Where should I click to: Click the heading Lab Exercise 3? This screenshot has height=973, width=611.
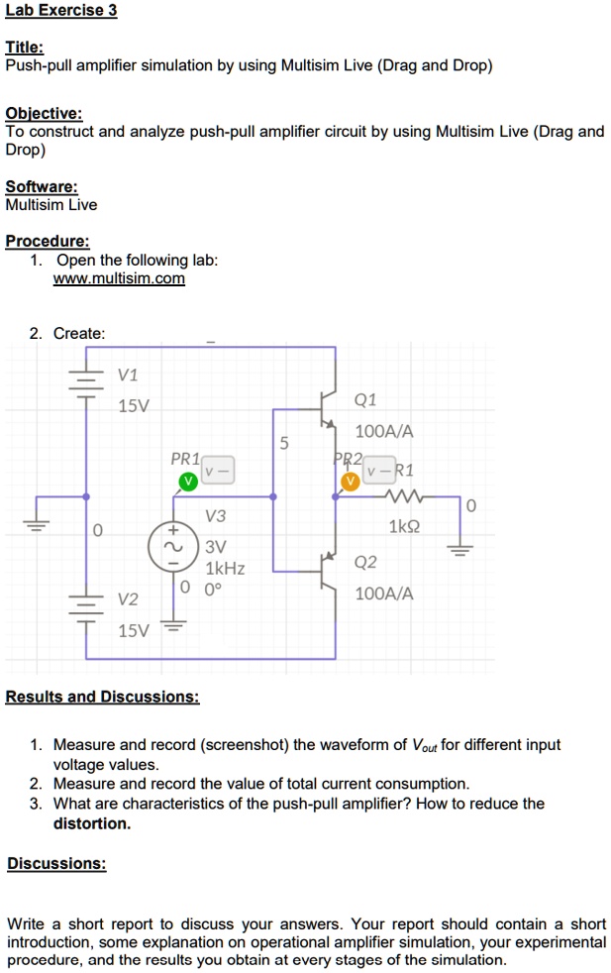click(x=60, y=11)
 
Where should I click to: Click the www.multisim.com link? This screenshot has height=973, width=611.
click(x=119, y=278)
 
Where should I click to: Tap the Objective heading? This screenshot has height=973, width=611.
click(x=44, y=113)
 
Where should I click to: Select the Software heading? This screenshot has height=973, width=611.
click(x=41, y=186)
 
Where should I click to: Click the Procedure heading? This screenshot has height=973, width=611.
click(x=47, y=241)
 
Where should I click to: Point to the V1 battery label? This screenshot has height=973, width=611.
click(x=128, y=376)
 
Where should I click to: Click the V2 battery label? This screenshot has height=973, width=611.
click(x=128, y=599)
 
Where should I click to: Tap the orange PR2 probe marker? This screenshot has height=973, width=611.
click(x=349, y=482)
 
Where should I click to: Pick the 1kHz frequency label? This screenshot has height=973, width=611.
click(x=225, y=569)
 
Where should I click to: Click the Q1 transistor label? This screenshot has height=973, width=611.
click(x=364, y=400)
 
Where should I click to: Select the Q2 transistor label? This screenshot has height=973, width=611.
click(x=364, y=563)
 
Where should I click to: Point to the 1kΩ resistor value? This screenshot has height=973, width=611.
click(x=405, y=527)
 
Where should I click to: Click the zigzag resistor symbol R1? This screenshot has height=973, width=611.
click(x=407, y=497)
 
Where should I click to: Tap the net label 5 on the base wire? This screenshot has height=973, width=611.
click(x=283, y=443)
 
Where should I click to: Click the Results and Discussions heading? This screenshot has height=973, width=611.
click(x=103, y=697)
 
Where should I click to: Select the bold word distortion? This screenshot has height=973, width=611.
click(x=91, y=823)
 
